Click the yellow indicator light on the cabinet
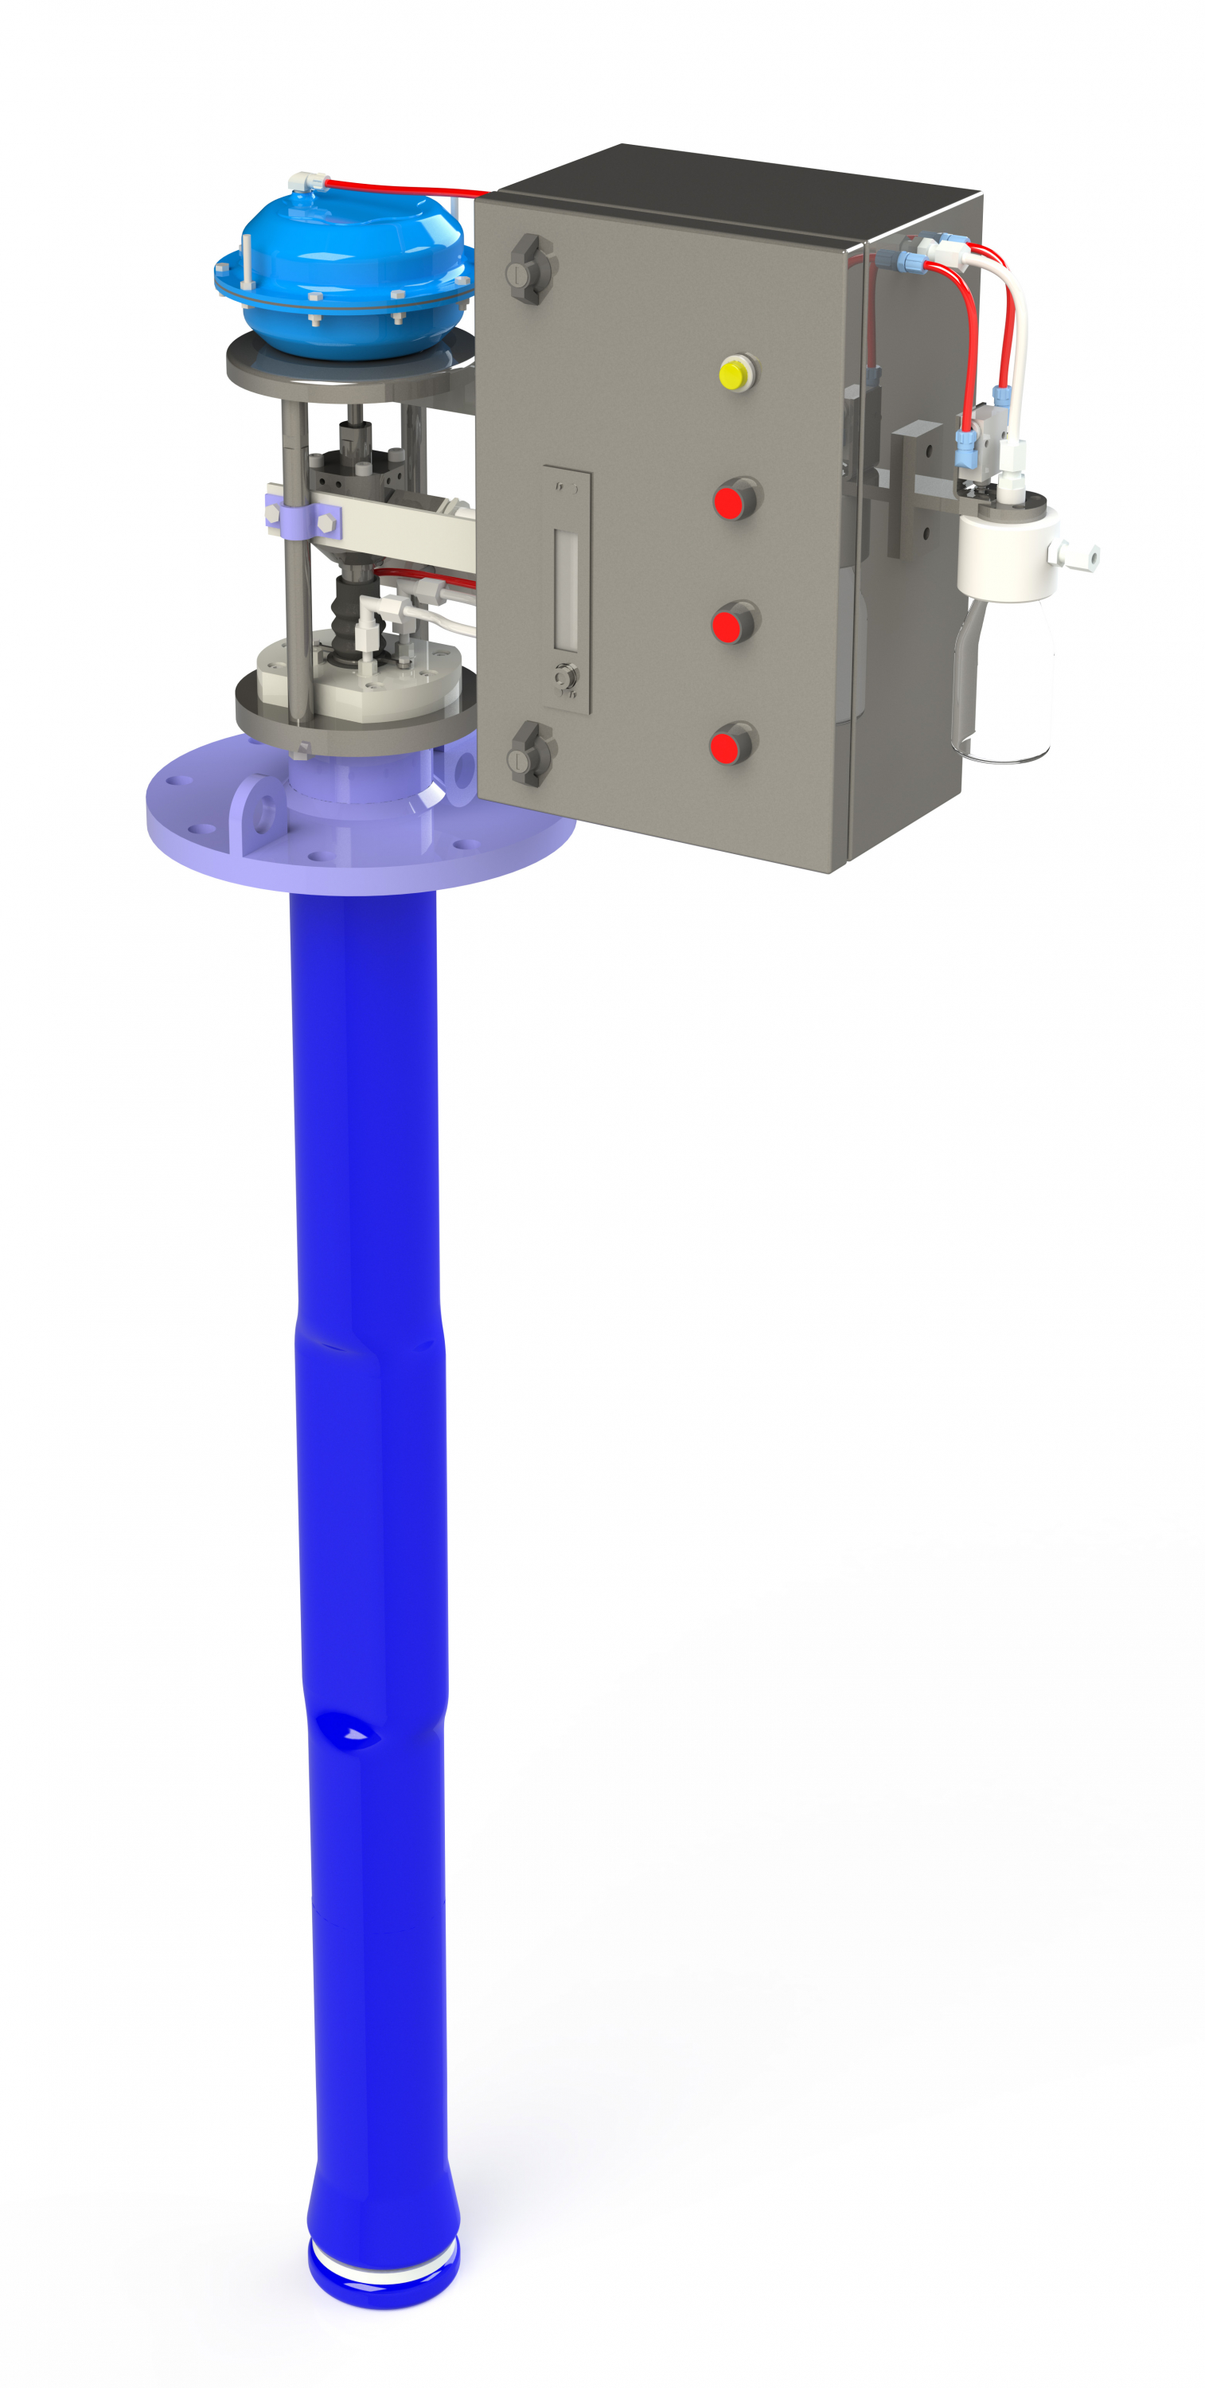[734, 374]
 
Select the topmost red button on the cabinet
[730, 501]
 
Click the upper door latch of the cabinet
[529, 270]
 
